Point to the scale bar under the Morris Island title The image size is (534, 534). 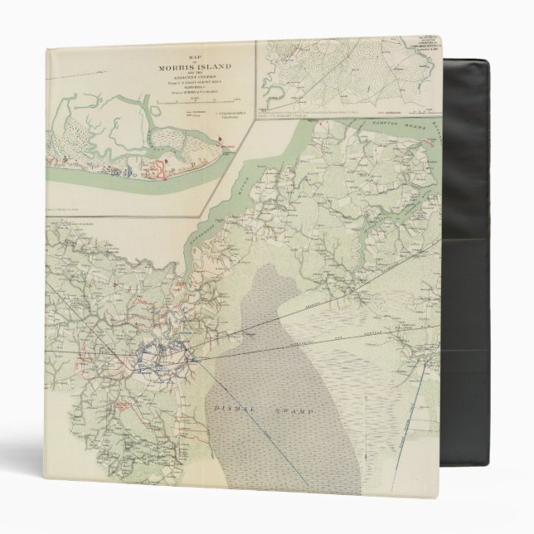178,100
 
